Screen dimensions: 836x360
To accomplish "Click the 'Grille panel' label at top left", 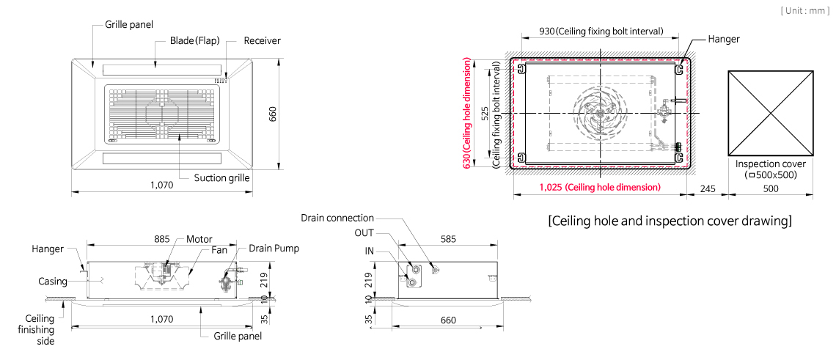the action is click(x=129, y=24).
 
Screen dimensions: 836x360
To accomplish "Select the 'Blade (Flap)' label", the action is click(x=194, y=40).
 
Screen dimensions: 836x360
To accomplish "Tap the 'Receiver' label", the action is click(x=262, y=40).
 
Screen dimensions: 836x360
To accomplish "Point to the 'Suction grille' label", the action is click(x=221, y=177).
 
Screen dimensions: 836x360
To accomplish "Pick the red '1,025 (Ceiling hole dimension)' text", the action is click(x=600, y=187).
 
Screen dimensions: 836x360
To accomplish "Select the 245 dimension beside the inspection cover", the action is click(x=708, y=188).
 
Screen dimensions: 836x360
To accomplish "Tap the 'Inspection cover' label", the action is click(x=771, y=164).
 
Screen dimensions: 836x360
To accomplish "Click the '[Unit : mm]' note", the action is click(x=805, y=11).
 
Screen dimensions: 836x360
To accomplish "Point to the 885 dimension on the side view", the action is click(x=162, y=240).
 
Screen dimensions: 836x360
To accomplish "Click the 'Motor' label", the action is click(x=199, y=240).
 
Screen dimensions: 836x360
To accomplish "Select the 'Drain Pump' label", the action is click(x=274, y=249).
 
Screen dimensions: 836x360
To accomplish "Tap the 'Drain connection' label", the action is click(x=337, y=218).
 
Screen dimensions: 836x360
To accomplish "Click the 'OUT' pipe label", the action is click(x=364, y=233).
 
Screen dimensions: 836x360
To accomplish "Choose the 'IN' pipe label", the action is click(x=370, y=251).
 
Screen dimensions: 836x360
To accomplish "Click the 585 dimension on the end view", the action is click(x=448, y=240).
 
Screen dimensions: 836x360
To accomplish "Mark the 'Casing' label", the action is click(x=53, y=281).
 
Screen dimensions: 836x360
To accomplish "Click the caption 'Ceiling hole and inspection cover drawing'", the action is click(x=670, y=221).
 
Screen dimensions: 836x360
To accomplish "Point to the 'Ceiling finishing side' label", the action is click(x=40, y=330).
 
